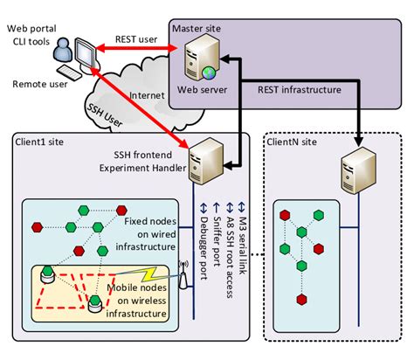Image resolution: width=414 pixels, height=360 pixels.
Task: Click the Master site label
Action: (197, 29)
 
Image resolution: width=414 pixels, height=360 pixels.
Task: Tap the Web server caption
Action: (200, 88)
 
